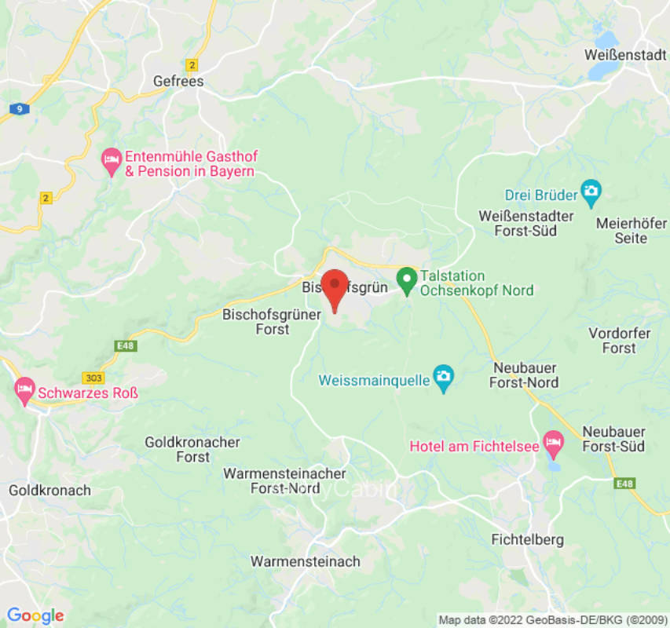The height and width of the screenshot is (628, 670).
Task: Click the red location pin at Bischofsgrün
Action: point(335,286)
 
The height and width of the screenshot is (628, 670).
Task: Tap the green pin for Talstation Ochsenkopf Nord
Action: point(406,279)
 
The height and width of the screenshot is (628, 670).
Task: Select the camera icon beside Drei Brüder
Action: point(591,190)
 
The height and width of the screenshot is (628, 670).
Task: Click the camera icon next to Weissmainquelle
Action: point(444,380)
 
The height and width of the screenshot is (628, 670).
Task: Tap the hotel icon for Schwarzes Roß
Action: point(24,389)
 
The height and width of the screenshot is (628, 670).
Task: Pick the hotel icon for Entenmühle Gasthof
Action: point(112,162)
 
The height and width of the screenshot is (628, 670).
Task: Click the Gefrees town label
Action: point(178,82)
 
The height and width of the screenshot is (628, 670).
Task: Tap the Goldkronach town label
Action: point(49,491)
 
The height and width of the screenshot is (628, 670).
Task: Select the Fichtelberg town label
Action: point(527,540)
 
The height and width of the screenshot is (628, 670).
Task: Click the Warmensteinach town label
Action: point(305,561)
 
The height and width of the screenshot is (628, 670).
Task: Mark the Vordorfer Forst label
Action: point(620,341)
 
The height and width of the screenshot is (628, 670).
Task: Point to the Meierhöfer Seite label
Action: point(632,230)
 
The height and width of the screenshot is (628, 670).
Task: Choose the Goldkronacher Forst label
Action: point(192,450)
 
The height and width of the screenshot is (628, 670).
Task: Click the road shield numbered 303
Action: point(93,378)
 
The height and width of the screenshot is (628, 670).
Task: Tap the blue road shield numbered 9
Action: point(18,109)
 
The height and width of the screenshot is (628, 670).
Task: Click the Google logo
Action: point(35,616)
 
